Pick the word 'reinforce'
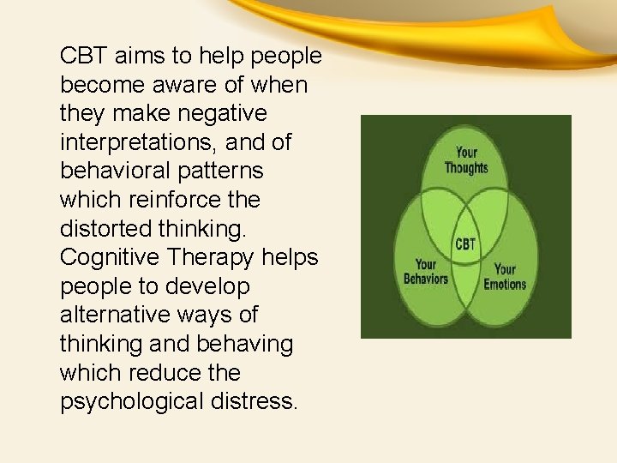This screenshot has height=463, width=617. (x=167, y=200)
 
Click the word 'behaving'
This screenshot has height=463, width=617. (x=245, y=345)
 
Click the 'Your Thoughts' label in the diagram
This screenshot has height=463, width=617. (x=466, y=159)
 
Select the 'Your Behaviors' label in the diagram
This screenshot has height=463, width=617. (x=426, y=272)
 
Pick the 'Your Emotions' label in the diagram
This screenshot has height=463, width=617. (x=505, y=277)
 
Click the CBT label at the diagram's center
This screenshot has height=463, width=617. (x=465, y=244)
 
